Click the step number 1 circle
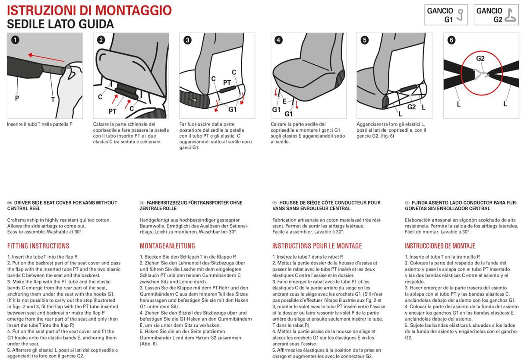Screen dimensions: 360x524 pos(15,40)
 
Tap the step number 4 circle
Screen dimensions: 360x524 pos(278,40)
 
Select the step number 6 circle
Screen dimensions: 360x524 pos(451,40)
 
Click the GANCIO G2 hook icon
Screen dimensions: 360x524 pos(510,15)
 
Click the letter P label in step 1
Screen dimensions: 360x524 pos(17,98)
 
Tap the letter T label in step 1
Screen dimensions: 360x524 pos(53,99)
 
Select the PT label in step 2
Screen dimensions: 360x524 pos(113,111)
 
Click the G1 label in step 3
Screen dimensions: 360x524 pos(232,110)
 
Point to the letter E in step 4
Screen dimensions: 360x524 pos(284,101)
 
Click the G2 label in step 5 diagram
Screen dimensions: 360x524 pos(411,107)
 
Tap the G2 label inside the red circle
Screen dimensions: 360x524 pos(480,58)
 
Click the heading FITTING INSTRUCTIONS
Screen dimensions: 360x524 pos(38,246)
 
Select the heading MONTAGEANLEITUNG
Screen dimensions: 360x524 pos(167,246)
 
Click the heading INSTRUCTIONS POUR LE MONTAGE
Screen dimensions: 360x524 pos(317,246)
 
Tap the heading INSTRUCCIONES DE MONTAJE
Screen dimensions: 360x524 pos(439,246)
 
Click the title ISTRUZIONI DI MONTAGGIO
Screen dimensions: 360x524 pos(89,10)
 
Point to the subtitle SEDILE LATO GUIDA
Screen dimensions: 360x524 pos(60,24)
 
